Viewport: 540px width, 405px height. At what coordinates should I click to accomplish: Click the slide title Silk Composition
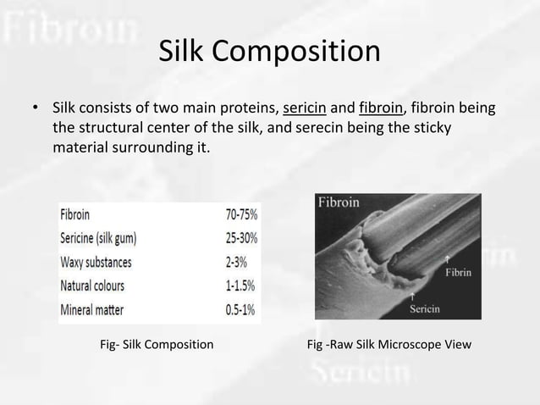[x=269, y=52]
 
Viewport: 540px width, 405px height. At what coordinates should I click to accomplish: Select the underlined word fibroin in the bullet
[x=383, y=109]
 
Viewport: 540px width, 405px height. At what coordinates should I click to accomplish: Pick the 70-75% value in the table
[x=235, y=215]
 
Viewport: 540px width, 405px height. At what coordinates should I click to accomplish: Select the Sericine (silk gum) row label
[x=98, y=239]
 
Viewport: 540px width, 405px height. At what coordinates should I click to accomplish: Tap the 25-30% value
[x=235, y=239]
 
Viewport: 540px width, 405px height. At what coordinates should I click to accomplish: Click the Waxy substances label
[x=96, y=262]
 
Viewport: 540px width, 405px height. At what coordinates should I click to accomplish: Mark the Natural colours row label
[x=93, y=286]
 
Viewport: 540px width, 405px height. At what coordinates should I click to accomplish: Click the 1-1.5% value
[x=237, y=286]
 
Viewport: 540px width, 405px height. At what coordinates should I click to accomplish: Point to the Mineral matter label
[x=91, y=309]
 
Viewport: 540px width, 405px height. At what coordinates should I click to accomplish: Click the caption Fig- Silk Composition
[x=157, y=345]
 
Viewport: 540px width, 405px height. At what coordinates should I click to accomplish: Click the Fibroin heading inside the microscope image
[x=339, y=202]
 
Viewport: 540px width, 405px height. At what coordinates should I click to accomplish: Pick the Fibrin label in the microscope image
[x=458, y=273]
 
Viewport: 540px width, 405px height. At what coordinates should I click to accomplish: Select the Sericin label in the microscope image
[x=425, y=308]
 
